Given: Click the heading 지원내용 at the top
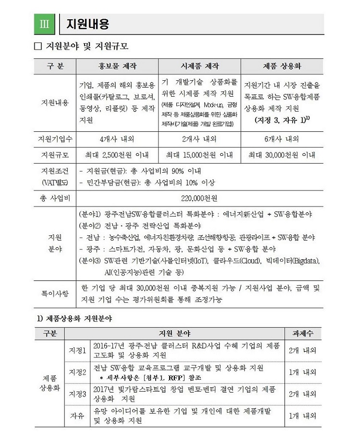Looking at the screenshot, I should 87,24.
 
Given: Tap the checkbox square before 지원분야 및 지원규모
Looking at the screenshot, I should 38,48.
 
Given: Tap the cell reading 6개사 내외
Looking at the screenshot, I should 281,140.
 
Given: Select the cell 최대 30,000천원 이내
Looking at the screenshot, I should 281,155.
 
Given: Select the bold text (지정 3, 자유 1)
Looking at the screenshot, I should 279,120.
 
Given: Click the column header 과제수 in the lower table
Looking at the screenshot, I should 303,333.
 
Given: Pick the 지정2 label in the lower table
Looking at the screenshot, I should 77,372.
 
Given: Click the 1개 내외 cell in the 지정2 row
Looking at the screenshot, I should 303,372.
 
